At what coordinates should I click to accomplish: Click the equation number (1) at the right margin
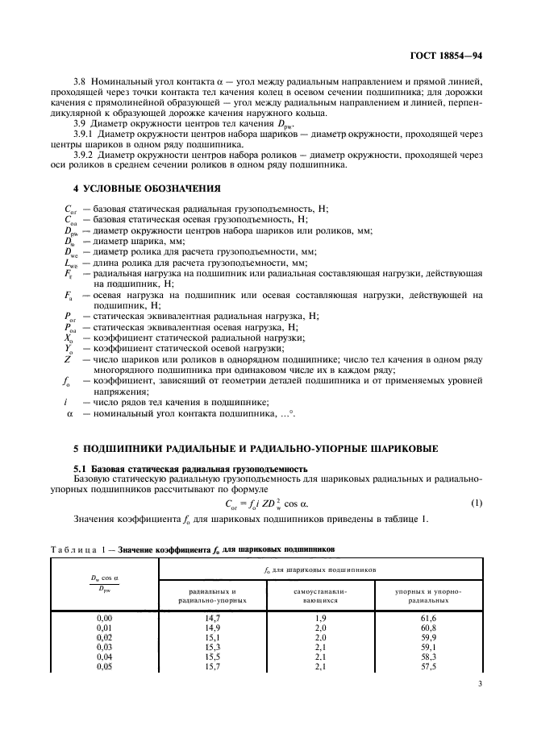coord(476,504)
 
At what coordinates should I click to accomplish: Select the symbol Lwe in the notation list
coord(70,263)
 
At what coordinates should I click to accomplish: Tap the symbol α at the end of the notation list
coord(69,414)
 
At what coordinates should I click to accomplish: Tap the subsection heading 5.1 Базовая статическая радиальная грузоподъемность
coord(190,469)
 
